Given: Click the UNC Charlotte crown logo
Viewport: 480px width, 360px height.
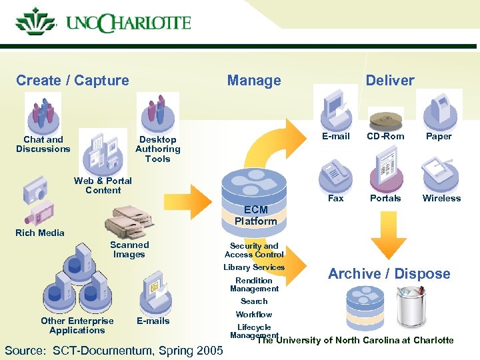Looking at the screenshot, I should pos(35,22).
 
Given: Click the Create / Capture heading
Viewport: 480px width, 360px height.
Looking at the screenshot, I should pos(73,81).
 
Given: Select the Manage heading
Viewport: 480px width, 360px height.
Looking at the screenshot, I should pos(253,81).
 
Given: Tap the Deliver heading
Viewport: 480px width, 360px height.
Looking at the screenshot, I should pos(389,81).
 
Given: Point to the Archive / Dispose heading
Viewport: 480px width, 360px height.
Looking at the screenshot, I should pos(389,273).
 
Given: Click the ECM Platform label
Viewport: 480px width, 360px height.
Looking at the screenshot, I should pos(255,216).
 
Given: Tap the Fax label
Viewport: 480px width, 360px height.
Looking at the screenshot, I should pos(336,198).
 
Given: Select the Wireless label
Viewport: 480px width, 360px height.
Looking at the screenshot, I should pos(441,198).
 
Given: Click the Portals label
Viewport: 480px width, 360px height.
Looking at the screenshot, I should pos(385,198).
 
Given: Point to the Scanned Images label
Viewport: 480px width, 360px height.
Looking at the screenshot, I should pos(129,249).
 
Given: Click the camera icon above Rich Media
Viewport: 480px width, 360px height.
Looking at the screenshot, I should pos(35,191).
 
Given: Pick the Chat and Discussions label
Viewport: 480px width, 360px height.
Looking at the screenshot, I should pos(43,144).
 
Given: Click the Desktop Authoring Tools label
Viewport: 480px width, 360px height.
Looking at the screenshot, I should pos(157,149).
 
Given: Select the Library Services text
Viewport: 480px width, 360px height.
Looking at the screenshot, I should pos(254,267).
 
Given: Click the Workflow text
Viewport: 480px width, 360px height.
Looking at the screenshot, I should pos(254,314).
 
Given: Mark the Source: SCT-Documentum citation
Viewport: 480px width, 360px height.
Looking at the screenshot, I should pos(113,350).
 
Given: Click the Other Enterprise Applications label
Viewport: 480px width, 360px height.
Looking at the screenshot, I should pos(77,325).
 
